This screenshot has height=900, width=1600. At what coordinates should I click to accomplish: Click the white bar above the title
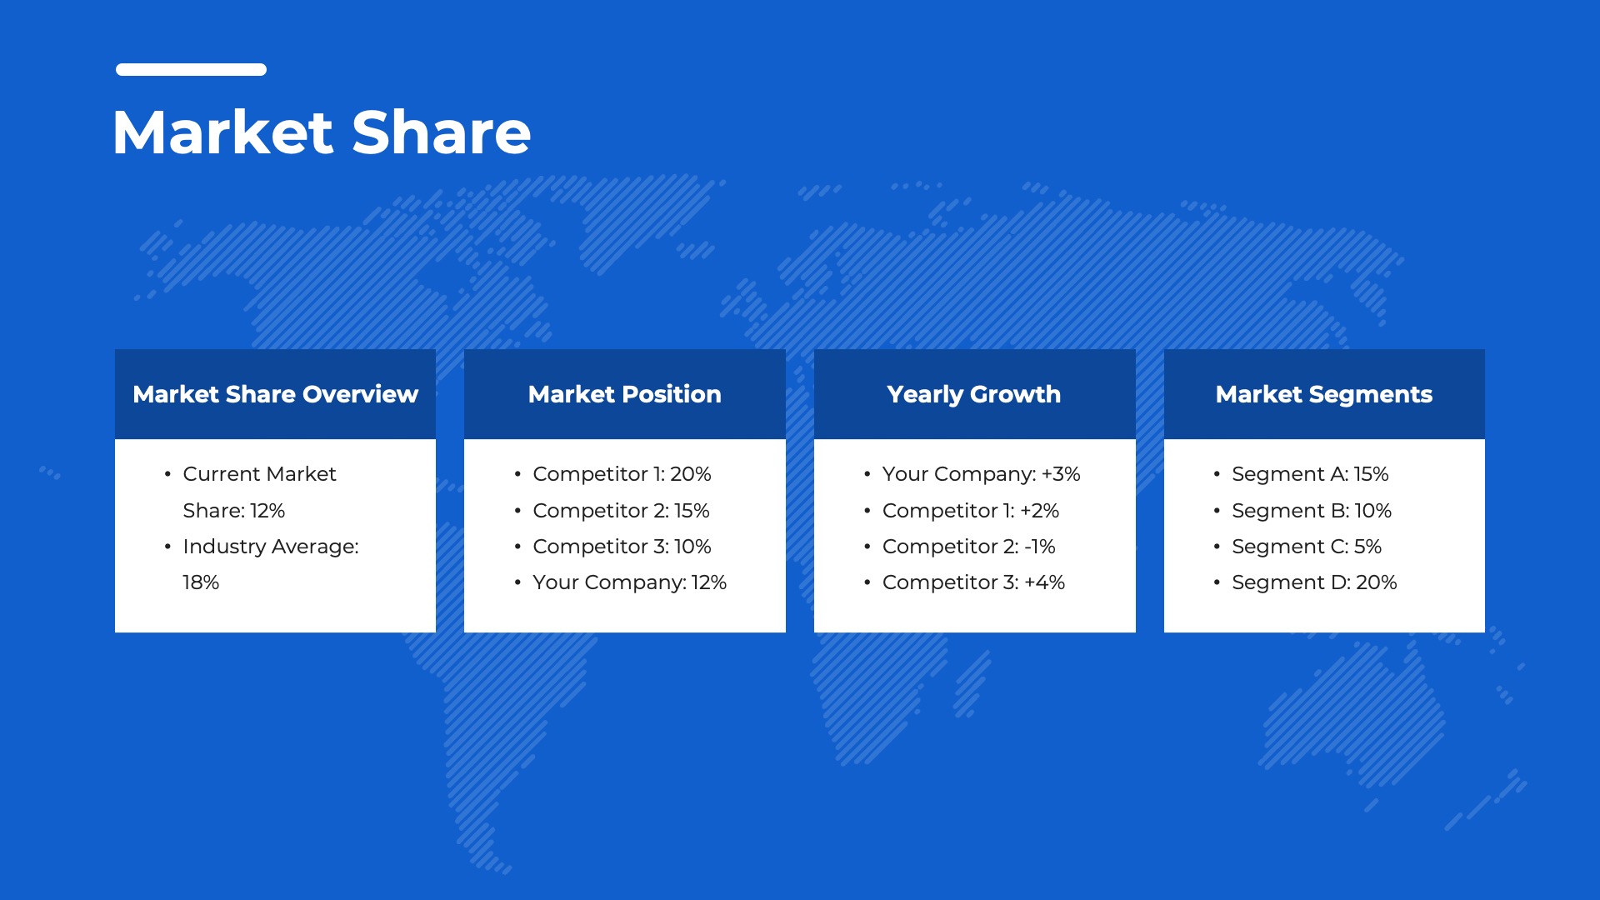pyautogui.click(x=191, y=70)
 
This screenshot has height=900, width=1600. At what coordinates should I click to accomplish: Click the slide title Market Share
pyautogui.click(x=322, y=132)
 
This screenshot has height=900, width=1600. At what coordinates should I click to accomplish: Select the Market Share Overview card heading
pyautogui.click(x=275, y=394)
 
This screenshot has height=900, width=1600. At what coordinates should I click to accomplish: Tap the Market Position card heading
pyautogui.click(x=624, y=394)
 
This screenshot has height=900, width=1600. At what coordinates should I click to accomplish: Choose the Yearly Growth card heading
pyautogui.click(x=974, y=394)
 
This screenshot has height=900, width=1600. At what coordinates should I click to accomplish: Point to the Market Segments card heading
pyautogui.click(x=1324, y=394)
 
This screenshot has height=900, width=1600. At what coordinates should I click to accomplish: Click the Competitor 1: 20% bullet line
pyautogui.click(x=622, y=474)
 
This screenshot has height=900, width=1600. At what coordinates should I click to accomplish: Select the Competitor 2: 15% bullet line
pyautogui.click(x=621, y=511)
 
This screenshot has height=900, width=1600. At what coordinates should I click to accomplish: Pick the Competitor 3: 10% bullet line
pyautogui.click(x=622, y=547)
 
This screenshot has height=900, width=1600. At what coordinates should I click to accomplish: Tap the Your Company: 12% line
pyautogui.click(x=629, y=582)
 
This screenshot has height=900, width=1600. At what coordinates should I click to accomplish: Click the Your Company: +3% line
pyautogui.click(x=981, y=474)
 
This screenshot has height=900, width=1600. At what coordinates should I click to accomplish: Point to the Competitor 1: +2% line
pyautogui.click(x=970, y=511)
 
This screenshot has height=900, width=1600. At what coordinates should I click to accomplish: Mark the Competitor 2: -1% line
pyautogui.click(x=968, y=547)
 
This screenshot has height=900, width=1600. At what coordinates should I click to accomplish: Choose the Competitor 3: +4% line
pyautogui.click(x=973, y=582)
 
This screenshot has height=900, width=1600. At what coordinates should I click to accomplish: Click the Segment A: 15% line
pyautogui.click(x=1310, y=474)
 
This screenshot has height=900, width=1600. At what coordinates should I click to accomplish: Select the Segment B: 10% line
pyautogui.click(x=1312, y=511)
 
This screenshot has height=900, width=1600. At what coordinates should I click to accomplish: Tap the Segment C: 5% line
pyautogui.click(x=1307, y=547)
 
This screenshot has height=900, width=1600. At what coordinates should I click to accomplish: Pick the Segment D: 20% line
pyautogui.click(x=1314, y=582)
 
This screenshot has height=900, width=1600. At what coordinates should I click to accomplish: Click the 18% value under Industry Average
pyautogui.click(x=201, y=582)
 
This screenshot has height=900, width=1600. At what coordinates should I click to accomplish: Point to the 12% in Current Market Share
pyautogui.click(x=267, y=511)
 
